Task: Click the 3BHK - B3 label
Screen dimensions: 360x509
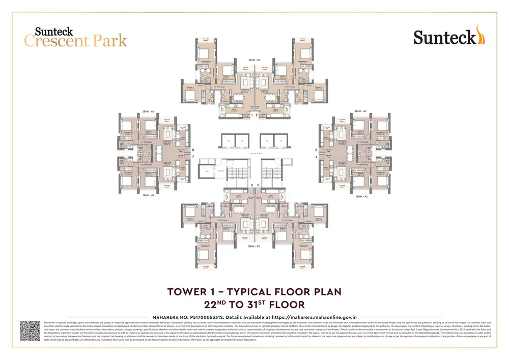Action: click(x=254, y=60)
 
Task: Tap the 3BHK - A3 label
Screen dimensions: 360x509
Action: click(x=254, y=246)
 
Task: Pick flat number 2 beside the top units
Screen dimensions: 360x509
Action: click(x=258, y=116)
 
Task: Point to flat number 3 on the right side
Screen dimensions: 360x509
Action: click(x=316, y=150)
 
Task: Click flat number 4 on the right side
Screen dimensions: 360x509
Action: click(x=316, y=157)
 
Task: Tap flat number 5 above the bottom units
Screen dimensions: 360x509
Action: click(x=258, y=185)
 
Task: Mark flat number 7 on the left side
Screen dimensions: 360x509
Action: click(x=193, y=157)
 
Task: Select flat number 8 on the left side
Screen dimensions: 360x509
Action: click(x=193, y=150)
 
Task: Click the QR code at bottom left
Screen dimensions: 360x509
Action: click(x=30, y=331)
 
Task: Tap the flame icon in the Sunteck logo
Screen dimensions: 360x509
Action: click(x=480, y=35)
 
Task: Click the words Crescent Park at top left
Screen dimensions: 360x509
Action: click(x=75, y=41)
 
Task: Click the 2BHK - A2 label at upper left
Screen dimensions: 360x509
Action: click(x=148, y=111)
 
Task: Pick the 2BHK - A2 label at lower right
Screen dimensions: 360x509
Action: click(x=361, y=196)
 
